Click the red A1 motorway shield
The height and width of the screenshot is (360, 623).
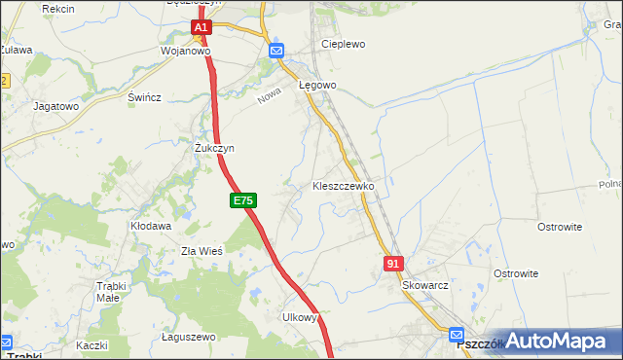pyautogui.click(x=202, y=29)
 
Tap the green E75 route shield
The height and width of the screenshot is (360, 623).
pyautogui.click(x=243, y=200)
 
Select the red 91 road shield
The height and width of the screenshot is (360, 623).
pyautogui.click(x=393, y=264)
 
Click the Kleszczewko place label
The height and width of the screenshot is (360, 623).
pyautogui.click(x=343, y=185)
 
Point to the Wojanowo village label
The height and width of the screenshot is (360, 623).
pyautogui.click(x=185, y=51)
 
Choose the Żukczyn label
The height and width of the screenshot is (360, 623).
pyautogui.click(x=214, y=148)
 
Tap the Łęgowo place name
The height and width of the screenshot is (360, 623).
pyautogui.click(x=317, y=86)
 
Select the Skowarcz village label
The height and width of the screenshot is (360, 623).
pyautogui.click(x=424, y=287)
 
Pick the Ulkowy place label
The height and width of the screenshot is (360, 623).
pyautogui.click(x=300, y=317)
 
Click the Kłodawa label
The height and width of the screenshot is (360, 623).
pyautogui.click(x=151, y=226)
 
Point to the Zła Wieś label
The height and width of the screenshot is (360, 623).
pyautogui.click(x=202, y=251)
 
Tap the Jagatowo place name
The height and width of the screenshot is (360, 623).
pyautogui.click(x=55, y=106)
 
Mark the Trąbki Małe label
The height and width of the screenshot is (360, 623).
pyautogui.click(x=121, y=292)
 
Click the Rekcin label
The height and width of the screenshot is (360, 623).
pyautogui.click(x=59, y=8)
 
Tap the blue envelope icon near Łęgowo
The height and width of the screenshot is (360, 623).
pyautogui.click(x=276, y=51)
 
